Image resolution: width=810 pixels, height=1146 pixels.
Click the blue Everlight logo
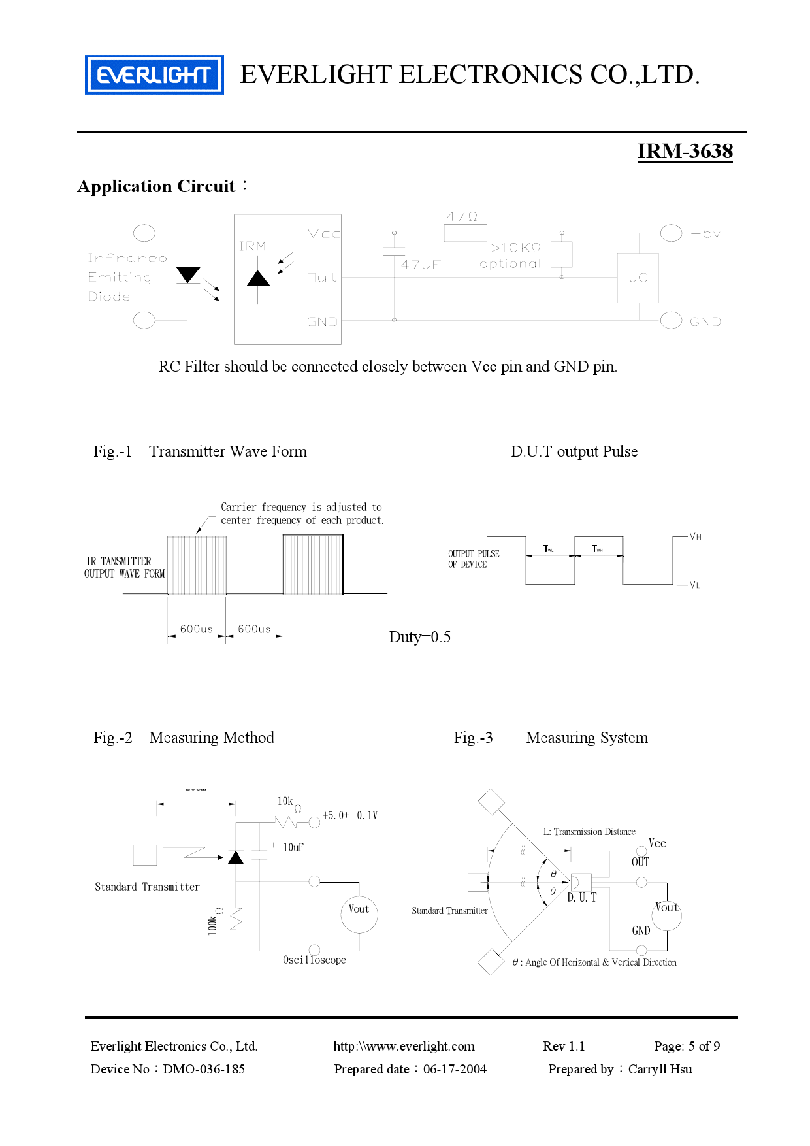click(x=154, y=74)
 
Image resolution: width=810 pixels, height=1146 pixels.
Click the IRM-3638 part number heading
click(x=685, y=151)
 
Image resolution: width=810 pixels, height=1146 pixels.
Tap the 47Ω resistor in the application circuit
click(x=465, y=233)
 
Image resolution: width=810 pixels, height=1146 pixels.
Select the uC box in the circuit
click(x=638, y=278)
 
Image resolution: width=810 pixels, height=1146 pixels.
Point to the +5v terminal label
click(x=705, y=233)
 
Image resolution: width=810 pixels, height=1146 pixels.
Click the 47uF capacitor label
click(x=420, y=265)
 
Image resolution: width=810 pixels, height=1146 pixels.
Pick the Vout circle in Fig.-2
click(x=359, y=913)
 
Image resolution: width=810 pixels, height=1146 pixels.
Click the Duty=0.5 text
click(x=419, y=637)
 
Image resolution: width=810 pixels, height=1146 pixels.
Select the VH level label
click(x=696, y=537)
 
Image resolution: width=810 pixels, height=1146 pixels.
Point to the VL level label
click(x=695, y=585)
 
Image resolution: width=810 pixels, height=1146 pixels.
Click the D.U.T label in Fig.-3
click(x=581, y=898)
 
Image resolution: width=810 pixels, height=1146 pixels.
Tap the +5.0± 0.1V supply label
click(x=350, y=815)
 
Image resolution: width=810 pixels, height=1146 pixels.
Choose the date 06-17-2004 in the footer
click(x=455, y=1069)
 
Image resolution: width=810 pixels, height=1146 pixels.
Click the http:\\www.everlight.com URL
click(x=404, y=1046)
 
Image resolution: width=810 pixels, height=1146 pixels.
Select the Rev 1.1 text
click(x=564, y=1046)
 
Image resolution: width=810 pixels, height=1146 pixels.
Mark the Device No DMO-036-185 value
click(x=204, y=1069)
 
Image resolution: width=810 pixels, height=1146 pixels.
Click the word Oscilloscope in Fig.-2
click(x=314, y=960)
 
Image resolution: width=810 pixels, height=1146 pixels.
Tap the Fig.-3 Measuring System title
click(x=551, y=738)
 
